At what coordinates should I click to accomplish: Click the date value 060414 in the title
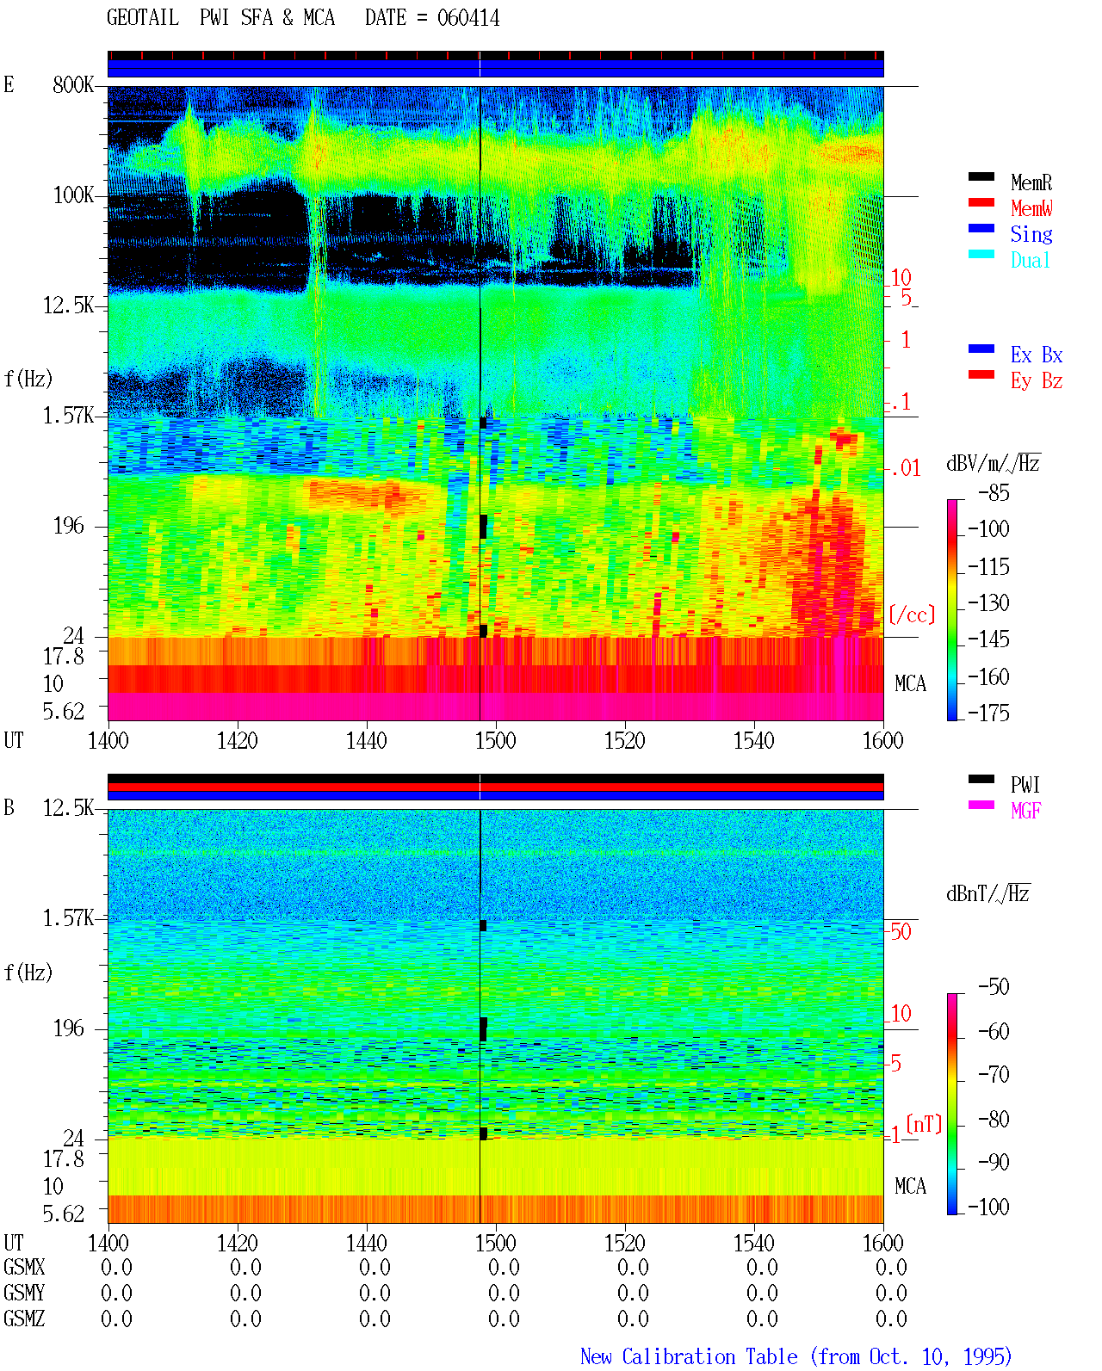467,18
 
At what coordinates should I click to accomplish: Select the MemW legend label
1031,208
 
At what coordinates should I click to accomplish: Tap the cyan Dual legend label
1030,260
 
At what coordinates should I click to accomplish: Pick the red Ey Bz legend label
1037,380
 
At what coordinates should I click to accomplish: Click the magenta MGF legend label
1025,811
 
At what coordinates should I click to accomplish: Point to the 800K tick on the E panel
73,84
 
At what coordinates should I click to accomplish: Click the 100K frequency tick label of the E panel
73,195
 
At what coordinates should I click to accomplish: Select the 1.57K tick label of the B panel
68,918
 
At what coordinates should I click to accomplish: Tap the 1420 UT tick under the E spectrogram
237,741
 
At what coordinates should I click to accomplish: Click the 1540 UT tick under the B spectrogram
754,1243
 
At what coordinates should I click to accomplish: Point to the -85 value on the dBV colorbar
994,493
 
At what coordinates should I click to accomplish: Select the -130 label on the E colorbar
988,602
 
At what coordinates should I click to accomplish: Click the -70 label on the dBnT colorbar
994,1075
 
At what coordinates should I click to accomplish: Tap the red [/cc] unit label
912,614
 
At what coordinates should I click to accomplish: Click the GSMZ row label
24,1319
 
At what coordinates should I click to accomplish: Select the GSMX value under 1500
504,1267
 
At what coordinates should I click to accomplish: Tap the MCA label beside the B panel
910,1186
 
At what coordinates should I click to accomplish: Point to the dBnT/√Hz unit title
988,893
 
